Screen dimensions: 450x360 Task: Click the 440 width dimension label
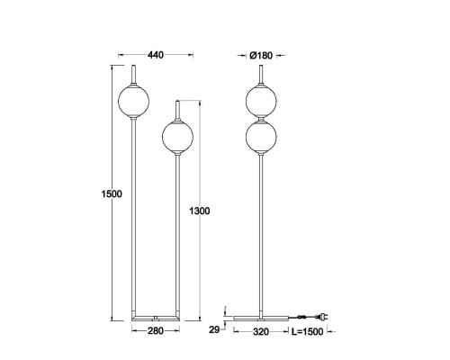pos(156,55)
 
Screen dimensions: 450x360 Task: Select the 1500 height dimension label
pos(112,193)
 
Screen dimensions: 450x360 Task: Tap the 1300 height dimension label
pos(200,211)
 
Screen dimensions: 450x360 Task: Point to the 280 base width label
pos(156,330)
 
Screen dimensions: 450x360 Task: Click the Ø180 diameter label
pos(261,56)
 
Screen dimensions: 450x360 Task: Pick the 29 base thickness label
pos(214,329)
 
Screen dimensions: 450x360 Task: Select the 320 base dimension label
pos(261,331)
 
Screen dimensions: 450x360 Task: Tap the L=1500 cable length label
pos(308,331)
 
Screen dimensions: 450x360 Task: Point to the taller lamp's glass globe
pos(133,101)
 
